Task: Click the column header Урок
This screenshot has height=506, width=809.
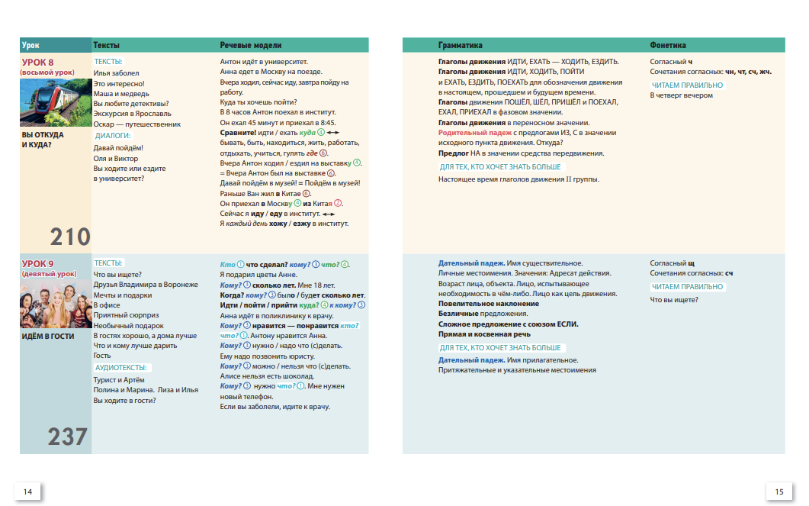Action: click(x=31, y=46)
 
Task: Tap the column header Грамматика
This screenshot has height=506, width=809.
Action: click(x=460, y=46)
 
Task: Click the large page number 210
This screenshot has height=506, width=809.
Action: click(x=70, y=237)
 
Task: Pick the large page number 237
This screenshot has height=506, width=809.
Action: click(x=68, y=437)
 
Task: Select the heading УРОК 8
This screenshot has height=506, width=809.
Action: click(x=37, y=63)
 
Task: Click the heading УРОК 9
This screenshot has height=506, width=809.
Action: click(x=37, y=264)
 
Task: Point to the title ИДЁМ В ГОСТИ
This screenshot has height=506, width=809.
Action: click(x=48, y=337)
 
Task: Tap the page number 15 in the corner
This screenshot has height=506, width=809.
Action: click(x=779, y=491)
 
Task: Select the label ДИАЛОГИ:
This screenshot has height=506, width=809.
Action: click(x=113, y=136)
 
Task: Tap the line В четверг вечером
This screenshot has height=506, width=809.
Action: click(x=681, y=95)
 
